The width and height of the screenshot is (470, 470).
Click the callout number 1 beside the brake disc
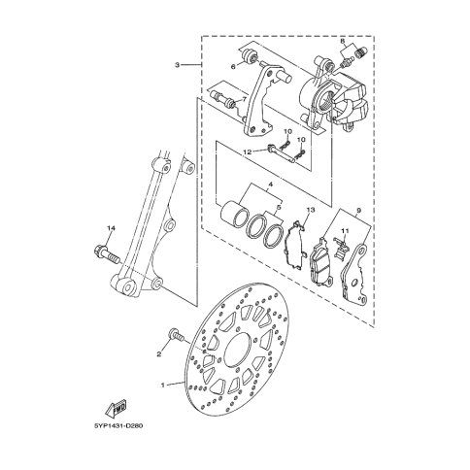pyautogui.click(x=163, y=386)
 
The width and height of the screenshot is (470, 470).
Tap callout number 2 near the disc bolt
pyautogui.click(x=159, y=354)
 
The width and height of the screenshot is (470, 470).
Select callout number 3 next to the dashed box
pyautogui.click(x=177, y=65)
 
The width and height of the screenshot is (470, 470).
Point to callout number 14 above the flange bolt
pyautogui.click(x=111, y=228)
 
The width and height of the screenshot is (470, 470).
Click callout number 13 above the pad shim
pyautogui.click(x=310, y=210)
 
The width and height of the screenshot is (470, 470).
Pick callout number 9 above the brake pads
pyautogui.click(x=358, y=211)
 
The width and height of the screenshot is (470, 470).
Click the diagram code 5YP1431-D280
pyautogui.click(x=118, y=425)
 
